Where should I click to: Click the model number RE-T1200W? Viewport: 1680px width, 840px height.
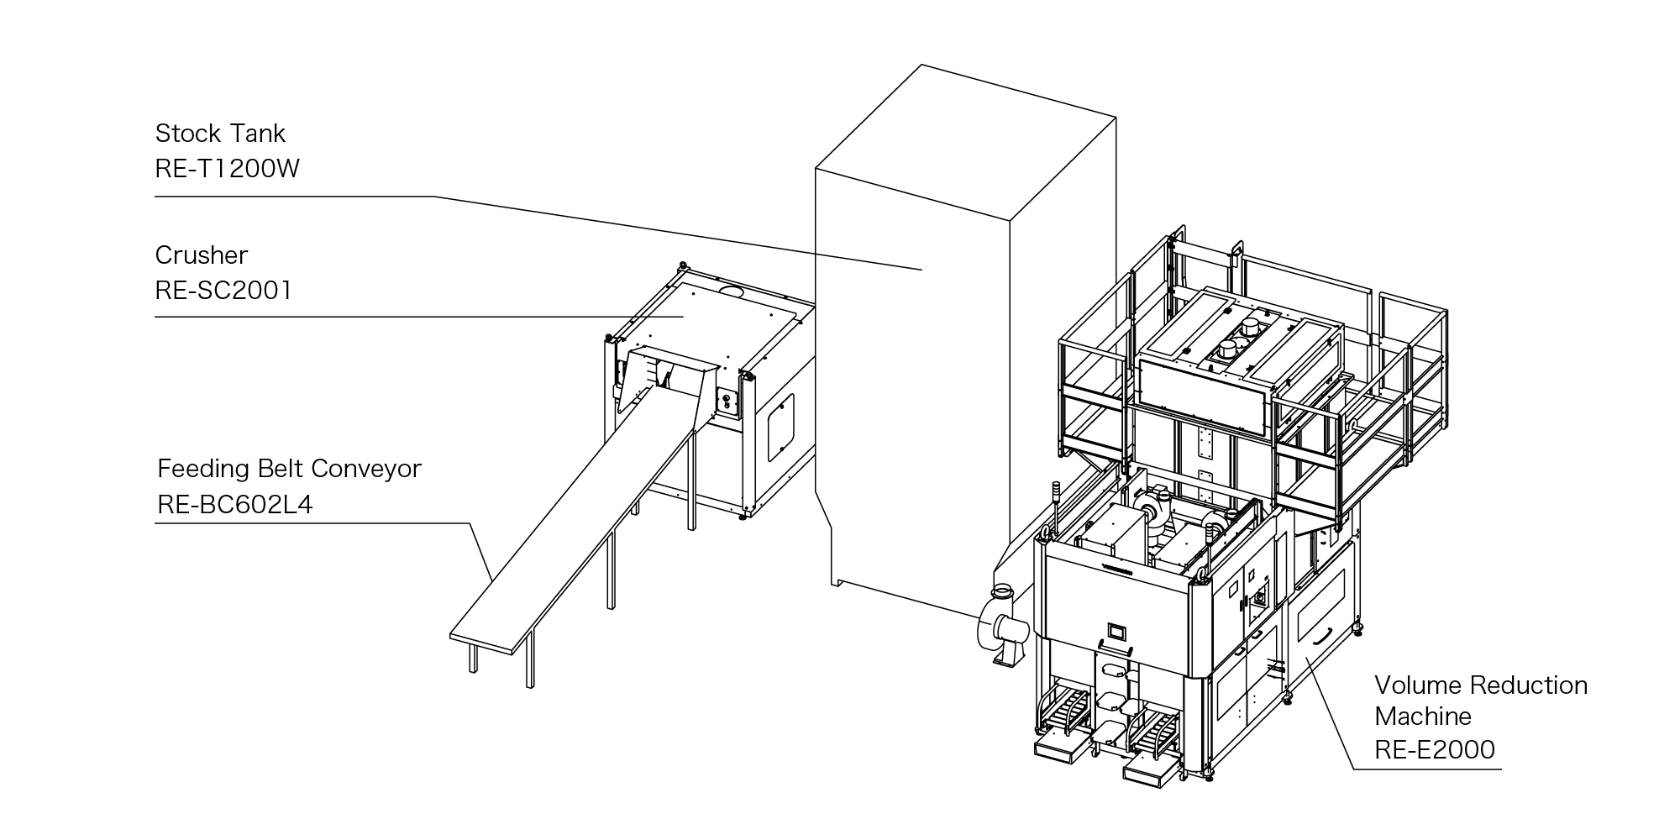coord(227,169)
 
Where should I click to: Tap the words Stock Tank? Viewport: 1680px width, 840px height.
coord(220,133)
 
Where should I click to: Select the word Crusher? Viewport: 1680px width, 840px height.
coord(202,255)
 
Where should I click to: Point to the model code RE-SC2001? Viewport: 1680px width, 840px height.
coord(223,291)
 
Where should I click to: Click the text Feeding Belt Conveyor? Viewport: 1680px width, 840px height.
coord(289,468)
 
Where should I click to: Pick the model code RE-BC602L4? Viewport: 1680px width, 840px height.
coord(235,505)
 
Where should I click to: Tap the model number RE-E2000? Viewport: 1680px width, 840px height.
coord(1435,749)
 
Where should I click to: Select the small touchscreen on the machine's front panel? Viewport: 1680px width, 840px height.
coord(1116,630)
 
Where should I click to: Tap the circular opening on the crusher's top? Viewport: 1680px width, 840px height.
coord(734,290)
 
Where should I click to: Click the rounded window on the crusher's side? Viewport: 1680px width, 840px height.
coord(780,427)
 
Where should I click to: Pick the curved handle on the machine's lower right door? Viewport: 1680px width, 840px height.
coord(1319,638)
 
